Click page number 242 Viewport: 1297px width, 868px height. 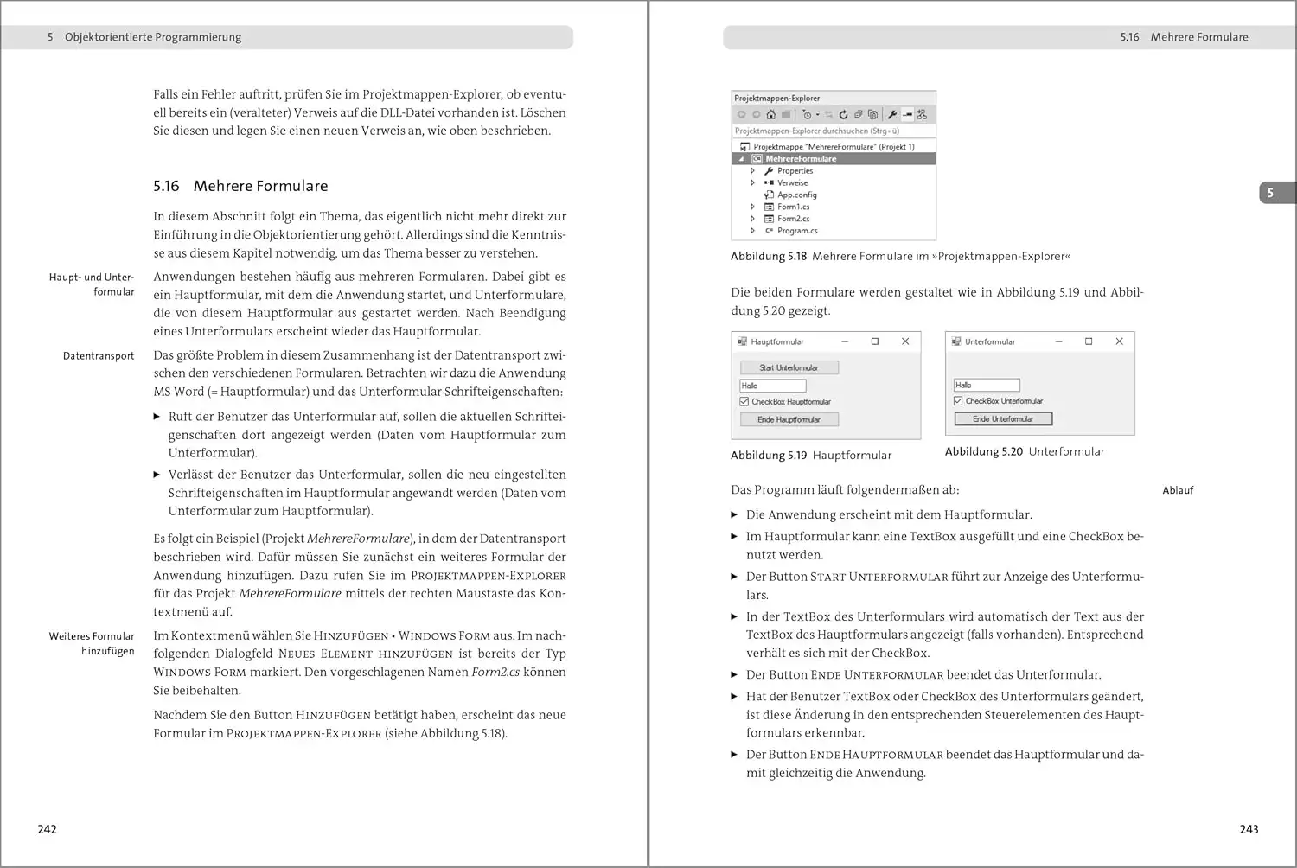48,829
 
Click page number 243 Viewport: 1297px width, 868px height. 1249,829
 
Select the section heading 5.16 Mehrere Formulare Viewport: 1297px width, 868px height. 240,186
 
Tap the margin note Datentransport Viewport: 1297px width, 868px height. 99,355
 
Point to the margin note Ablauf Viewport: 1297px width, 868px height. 1178,490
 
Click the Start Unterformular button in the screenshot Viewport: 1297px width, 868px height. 789,367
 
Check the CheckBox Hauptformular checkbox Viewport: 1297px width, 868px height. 744,402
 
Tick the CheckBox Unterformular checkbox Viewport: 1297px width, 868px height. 958,401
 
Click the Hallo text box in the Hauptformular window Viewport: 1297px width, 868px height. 773,386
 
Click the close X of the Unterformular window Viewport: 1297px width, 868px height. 1119,341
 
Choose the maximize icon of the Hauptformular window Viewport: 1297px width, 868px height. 875,341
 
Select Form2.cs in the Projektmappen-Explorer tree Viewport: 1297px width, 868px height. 793,219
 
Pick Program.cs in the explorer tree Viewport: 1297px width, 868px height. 797,231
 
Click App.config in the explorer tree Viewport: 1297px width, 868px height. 796,195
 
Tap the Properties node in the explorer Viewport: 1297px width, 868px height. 795,171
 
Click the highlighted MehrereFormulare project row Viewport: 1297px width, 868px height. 801,159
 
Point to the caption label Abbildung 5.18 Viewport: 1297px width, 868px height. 768,257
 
